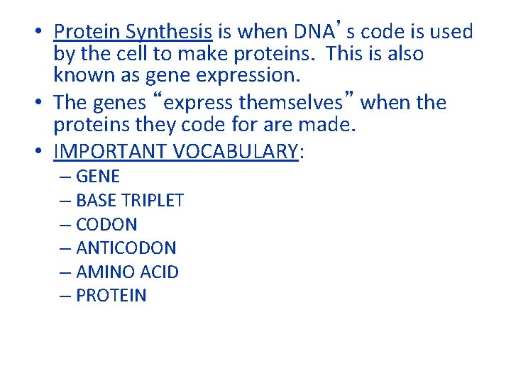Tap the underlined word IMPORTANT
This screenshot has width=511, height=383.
point(107,152)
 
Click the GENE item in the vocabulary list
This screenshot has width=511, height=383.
point(97,177)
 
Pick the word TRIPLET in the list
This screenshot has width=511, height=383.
point(150,201)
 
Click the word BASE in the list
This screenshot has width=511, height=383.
point(94,201)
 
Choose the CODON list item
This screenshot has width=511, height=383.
point(106,225)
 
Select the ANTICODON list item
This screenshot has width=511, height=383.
point(126,248)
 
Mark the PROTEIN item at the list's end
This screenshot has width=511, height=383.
point(111,296)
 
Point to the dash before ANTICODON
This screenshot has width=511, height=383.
point(66,248)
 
